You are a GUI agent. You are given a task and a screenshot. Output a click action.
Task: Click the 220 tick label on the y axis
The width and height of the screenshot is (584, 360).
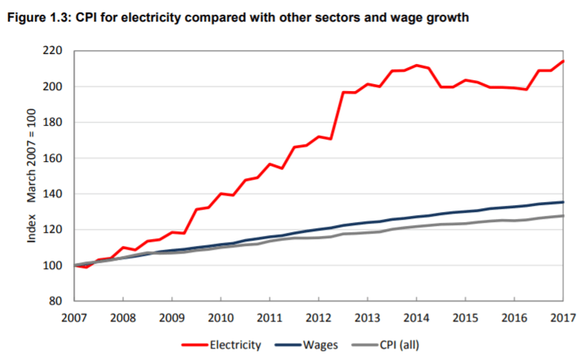tap(52, 51)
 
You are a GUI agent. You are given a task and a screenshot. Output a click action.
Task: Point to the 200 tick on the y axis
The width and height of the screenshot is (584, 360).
tap(52, 86)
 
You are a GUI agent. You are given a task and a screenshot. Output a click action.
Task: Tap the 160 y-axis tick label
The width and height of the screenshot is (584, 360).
tap(52, 123)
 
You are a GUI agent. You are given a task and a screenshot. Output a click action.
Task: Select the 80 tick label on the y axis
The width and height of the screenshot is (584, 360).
tap(56, 301)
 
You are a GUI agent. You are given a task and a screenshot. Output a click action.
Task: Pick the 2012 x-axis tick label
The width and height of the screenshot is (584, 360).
tap(318, 318)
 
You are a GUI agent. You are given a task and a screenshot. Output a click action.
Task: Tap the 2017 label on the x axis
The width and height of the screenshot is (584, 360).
tap(562, 318)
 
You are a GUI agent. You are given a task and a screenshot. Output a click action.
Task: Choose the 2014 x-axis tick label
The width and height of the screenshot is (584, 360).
tap(416, 318)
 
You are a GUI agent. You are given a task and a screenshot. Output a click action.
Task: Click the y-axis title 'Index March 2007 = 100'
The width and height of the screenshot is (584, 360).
tap(32, 176)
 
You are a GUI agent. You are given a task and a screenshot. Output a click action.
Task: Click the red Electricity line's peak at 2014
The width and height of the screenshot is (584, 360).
tap(416, 66)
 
